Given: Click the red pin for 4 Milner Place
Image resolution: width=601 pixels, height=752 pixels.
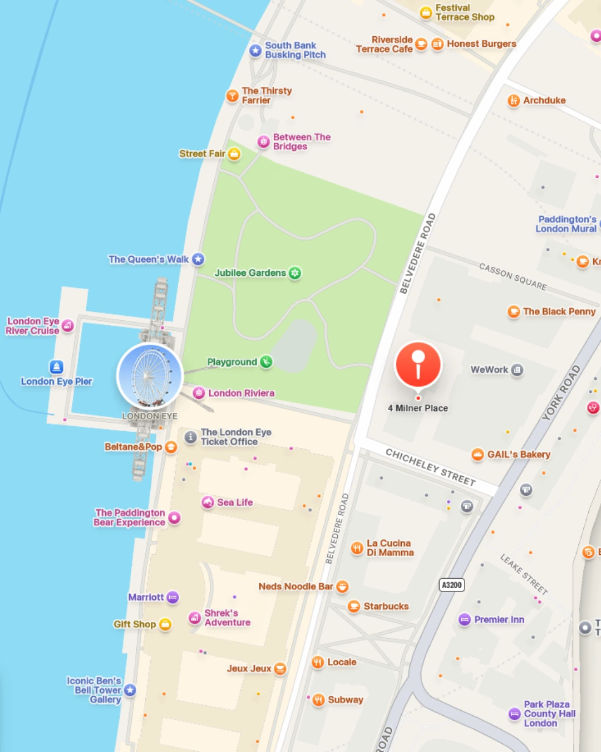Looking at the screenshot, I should click(x=418, y=365).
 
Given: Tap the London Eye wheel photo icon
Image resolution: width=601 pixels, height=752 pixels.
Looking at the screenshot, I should click(x=150, y=376).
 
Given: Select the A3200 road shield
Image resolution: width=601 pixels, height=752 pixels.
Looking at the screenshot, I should click(x=452, y=585).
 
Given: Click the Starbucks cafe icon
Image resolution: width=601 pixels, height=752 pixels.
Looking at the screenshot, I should click(x=354, y=606).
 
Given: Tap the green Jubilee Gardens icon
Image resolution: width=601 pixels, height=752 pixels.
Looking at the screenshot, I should click(x=295, y=273).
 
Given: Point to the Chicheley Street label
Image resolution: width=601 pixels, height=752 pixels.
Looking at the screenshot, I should click(x=431, y=467).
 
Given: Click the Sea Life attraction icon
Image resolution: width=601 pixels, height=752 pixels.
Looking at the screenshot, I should click(x=208, y=502).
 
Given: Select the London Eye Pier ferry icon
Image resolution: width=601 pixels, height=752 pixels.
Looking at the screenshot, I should click(x=56, y=367).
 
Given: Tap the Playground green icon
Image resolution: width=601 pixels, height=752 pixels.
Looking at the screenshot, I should click(x=267, y=362).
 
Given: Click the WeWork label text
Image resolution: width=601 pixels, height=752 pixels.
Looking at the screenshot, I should click(x=489, y=370).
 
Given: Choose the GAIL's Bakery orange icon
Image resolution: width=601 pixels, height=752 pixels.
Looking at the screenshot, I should click(x=477, y=455).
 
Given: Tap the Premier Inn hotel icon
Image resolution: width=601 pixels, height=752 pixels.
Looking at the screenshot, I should click(x=465, y=619).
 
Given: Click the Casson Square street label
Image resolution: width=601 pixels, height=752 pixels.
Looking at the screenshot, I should click(x=513, y=276).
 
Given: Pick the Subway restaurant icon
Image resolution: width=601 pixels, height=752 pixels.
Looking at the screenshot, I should click(x=318, y=700).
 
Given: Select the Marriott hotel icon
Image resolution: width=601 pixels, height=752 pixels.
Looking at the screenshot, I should click(x=173, y=597).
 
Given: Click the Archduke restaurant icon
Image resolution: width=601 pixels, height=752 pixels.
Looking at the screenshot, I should click(x=514, y=100).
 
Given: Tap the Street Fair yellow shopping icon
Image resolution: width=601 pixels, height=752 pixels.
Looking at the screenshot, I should click(x=234, y=154).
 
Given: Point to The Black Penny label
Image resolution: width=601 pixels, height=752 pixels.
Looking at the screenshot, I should click(x=559, y=312).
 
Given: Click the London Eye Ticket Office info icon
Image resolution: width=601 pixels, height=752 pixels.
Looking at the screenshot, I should click(x=191, y=437).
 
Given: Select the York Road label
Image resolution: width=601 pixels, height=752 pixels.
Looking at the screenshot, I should click(x=561, y=393).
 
